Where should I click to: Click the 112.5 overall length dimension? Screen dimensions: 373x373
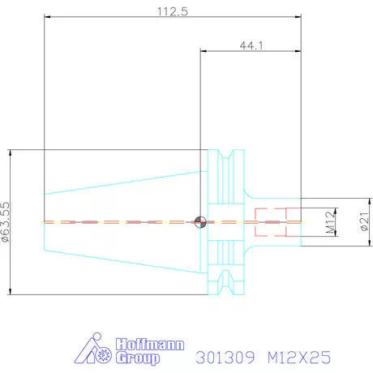tap(173, 11)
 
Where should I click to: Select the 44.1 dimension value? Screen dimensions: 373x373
tap(251, 45)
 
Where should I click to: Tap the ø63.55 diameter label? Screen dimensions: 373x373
tap(6, 222)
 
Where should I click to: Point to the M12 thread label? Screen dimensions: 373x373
tap(330, 222)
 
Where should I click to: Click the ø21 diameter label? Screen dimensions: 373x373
tap(365, 221)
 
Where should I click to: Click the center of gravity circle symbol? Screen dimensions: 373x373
tap(200, 222)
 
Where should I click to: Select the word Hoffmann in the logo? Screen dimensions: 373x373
tap(150, 345)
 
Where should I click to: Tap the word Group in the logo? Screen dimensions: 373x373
tap(138, 358)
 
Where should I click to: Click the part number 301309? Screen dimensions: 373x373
tap(225, 358)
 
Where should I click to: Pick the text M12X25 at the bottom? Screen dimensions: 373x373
tap(299, 358)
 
